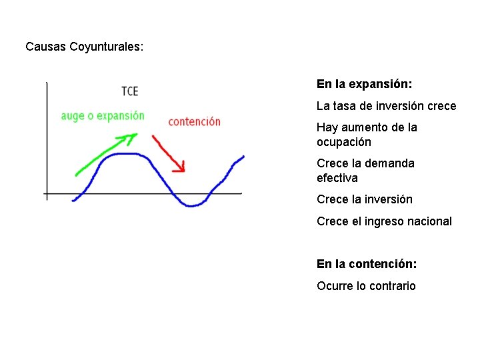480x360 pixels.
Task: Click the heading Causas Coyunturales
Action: [85, 47]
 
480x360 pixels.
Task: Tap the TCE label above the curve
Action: [130, 91]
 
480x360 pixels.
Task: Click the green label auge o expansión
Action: [103, 116]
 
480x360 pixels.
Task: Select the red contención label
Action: [195, 121]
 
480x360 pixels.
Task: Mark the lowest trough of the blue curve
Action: [191, 206]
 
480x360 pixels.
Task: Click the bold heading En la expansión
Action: [364, 84]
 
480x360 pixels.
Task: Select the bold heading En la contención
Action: [367, 264]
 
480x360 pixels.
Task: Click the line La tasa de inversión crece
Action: [386, 106]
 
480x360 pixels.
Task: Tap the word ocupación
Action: [344, 142]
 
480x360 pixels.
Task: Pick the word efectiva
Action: [337, 178]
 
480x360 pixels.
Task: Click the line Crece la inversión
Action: [365, 199]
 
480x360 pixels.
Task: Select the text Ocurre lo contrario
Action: [366, 286]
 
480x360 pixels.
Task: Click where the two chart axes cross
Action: [47, 193]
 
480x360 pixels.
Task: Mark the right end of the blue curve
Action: [243, 157]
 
